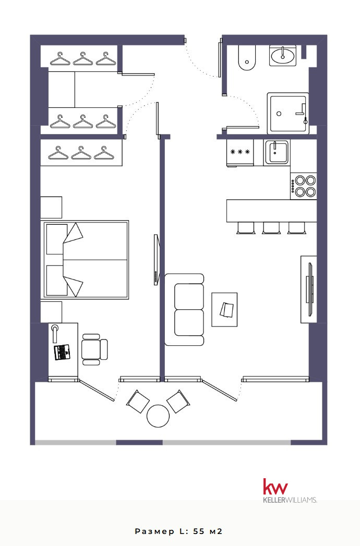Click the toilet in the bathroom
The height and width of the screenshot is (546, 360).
247,58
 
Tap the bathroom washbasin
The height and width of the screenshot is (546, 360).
283,56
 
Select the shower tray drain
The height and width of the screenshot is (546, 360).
279,114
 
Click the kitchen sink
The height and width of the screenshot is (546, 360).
277,152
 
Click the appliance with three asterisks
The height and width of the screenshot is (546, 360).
240,152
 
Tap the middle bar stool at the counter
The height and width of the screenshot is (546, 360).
271,228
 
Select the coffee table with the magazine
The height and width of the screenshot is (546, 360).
224,310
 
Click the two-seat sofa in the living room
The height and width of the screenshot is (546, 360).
184,310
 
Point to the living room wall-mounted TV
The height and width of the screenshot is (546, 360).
309,289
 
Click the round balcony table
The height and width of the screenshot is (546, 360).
158,416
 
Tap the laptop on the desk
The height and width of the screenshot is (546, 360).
62,352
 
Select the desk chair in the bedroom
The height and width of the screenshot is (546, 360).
94,349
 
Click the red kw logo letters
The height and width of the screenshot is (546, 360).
275,487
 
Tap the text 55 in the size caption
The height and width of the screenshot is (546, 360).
199,531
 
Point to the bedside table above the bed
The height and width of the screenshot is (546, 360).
51,208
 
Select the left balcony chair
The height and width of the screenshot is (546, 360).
138,401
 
